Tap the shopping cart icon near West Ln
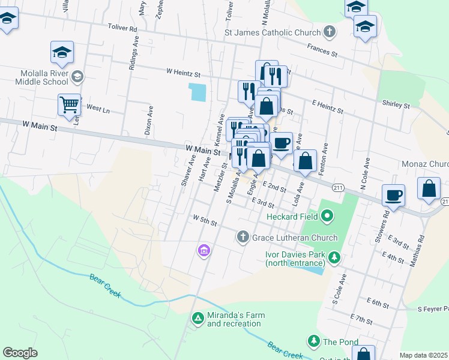coord(69,104)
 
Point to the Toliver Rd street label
coord(122,28)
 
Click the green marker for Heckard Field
coord(327,215)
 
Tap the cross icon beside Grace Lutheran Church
coord(243,237)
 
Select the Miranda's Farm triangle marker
coord(197,319)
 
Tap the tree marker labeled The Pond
coord(313,341)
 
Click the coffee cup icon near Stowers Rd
coord(393,194)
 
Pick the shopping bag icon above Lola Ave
coord(306,160)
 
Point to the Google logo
coord(20,353)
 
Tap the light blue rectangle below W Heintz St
coord(197,92)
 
